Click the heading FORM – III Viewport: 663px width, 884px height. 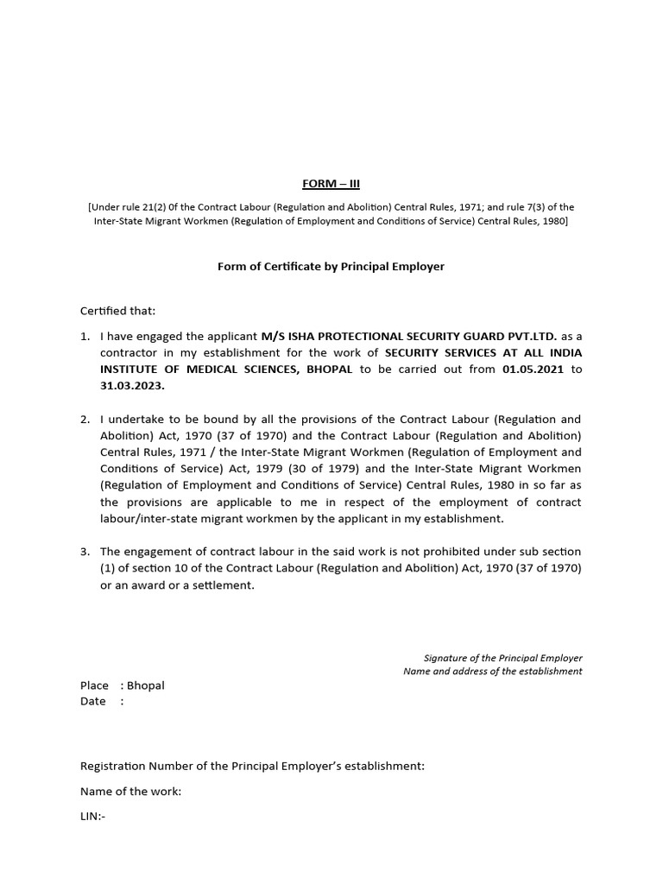point(331,184)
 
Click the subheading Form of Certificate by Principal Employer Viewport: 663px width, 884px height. point(331,267)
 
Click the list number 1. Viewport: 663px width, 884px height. point(85,336)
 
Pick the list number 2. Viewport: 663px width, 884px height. point(85,419)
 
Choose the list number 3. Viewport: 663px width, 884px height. point(85,552)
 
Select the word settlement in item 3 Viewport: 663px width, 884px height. point(225,584)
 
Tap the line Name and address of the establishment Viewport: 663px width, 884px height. point(492,672)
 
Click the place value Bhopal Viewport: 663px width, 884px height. point(145,685)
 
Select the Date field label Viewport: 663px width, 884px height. point(93,701)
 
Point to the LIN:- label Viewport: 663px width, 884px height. point(92,815)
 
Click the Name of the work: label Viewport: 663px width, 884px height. point(130,791)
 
